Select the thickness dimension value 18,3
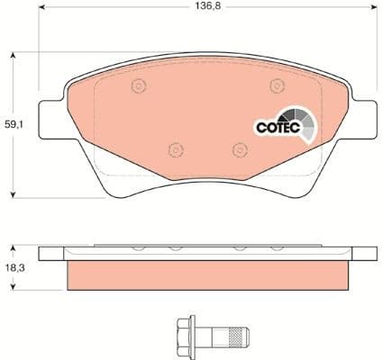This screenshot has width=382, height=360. [x=16, y=266]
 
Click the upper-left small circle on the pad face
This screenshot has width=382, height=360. [x=139, y=86]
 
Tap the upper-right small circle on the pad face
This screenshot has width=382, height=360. [x=276, y=86]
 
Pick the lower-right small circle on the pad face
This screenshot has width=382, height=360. [x=239, y=149]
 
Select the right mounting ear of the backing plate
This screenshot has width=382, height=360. [x=364, y=112]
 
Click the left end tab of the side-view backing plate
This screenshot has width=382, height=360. [x=52, y=253]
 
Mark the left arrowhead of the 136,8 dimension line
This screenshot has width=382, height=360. [x=41, y=18]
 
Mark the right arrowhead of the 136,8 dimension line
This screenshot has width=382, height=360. [x=372, y=18]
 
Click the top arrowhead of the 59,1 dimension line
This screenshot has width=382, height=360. [x=13, y=56]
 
